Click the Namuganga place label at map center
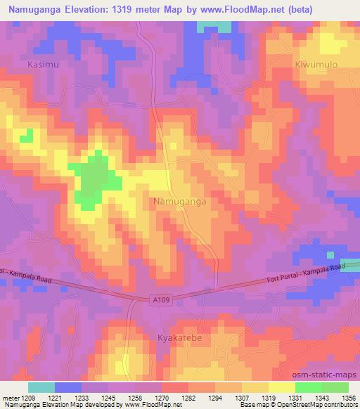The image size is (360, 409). [x=179, y=202]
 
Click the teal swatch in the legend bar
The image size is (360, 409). [x=41, y=387]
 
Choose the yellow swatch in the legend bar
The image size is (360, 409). [x=282, y=387]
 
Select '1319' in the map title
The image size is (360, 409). [x=127, y=10]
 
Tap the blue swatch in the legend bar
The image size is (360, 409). [x=68, y=387]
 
